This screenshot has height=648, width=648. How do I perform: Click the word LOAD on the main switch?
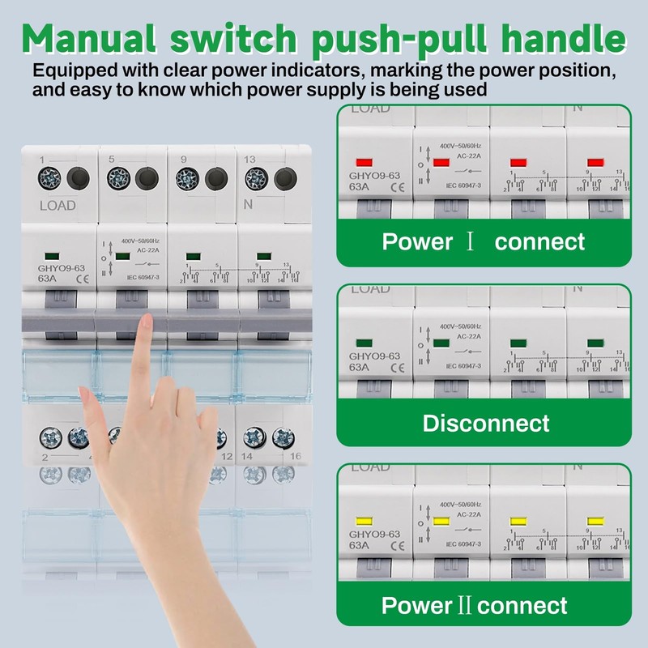tap(58, 205)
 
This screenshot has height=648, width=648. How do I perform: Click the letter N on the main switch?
tap(249, 205)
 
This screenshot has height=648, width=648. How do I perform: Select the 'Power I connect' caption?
tap(483, 241)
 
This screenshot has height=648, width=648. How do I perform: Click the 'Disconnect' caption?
tap(486, 423)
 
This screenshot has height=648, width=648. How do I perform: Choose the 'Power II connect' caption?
tap(475, 605)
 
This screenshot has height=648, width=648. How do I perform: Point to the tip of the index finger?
tap(146, 322)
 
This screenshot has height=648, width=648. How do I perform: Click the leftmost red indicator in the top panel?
tap(364, 163)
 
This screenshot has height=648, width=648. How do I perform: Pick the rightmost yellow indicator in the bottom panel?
tap(596, 521)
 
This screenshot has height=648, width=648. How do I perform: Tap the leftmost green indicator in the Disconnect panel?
tap(364, 343)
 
